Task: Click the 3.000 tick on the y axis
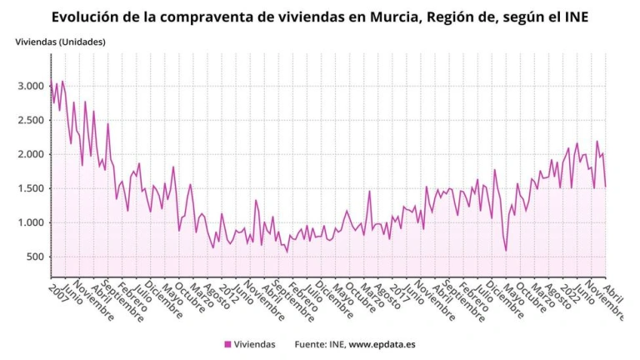point(30,86)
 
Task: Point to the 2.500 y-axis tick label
point(30,120)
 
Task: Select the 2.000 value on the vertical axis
point(30,154)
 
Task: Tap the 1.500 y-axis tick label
point(30,188)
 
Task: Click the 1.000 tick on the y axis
point(30,222)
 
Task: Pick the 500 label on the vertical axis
point(35,257)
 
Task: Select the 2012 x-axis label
point(228,292)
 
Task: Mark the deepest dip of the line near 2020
point(506,249)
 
